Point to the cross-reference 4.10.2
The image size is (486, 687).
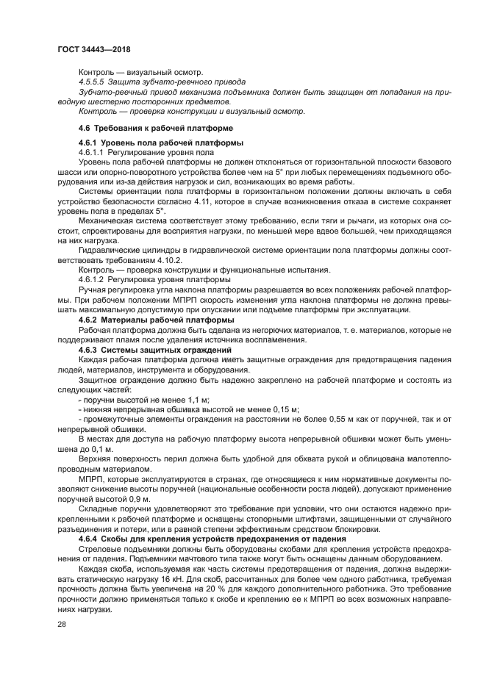click(170, 261)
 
